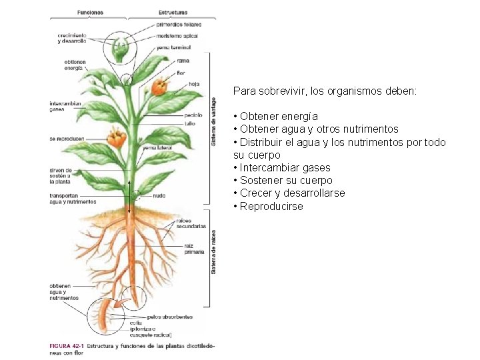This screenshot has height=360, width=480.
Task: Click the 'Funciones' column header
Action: tap(90, 12)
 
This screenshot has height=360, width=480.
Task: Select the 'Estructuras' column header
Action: tap(173, 12)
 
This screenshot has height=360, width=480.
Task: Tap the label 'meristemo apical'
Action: tap(177, 36)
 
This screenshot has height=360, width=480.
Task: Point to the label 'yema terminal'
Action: tap(174, 47)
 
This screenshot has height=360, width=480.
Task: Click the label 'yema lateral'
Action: tap(157, 147)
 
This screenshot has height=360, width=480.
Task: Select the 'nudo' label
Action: tap(159, 196)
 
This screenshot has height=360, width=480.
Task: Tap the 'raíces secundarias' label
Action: tap(191, 223)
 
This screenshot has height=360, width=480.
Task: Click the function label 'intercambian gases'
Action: tap(65, 107)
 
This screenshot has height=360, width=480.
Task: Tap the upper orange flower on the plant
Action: tap(159, 87)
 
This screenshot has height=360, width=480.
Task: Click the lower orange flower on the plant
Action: tap(117, 139)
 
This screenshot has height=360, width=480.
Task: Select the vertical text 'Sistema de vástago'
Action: tap(214, 120)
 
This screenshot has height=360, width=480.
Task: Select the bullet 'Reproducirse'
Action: tap(271, 206)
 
